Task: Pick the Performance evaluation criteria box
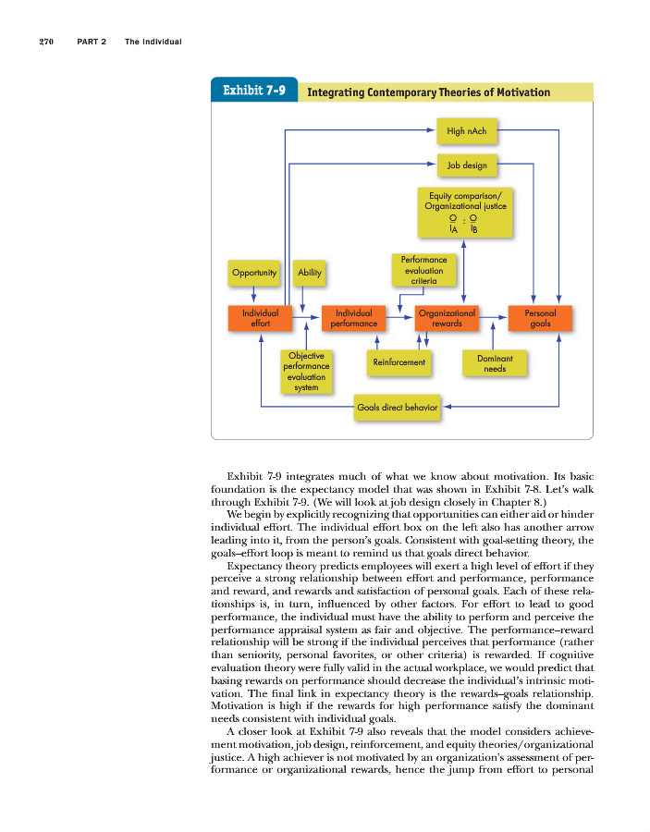click(x=423, y=270)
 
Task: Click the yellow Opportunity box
click(x=254, y=273)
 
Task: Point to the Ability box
click(x=309, y=273)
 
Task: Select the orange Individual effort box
click(x=260, y=318)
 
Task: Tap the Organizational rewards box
click(x=447, y=318)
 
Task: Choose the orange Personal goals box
click(x=540, y=318)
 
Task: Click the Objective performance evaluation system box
click(x=306, y=371)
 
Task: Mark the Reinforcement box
click(x=399, y=362)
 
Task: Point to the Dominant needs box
click(x=495, y=363)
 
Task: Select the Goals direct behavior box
click(x=397, y=406)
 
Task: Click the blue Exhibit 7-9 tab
click(x=254, y=92)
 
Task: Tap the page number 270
click(x=48, y=42)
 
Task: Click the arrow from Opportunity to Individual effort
click(x=254, y=294)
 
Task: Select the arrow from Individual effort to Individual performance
click(x=306, y=318)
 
